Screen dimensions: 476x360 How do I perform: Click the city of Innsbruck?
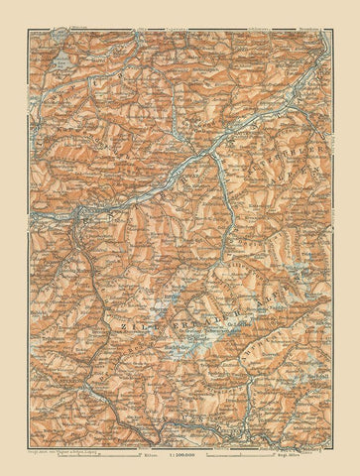tap(74, 214)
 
